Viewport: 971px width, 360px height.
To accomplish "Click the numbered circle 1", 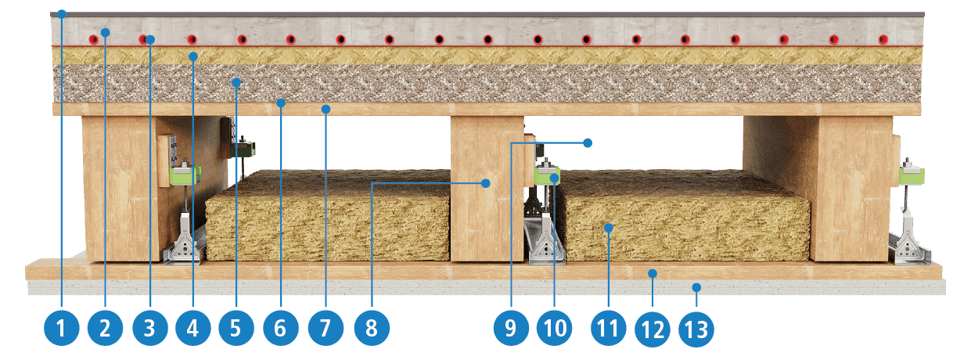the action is point(62,328).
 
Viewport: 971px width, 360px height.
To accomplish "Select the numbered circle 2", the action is point(106,328).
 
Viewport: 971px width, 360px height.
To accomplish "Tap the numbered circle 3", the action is point(150,328).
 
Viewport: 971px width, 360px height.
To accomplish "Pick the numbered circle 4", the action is point(193,328).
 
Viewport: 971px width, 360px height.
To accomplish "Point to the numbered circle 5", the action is point(236,328).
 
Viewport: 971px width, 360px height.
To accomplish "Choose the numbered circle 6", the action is point(281,328).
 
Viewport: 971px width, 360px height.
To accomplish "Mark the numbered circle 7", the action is point(326,328).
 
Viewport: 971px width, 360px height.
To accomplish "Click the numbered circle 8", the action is point(372,328).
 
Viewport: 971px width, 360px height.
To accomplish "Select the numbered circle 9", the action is point(511,328).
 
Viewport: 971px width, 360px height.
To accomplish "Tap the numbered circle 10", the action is point(555,328).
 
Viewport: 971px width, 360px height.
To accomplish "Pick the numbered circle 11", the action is point(609,328).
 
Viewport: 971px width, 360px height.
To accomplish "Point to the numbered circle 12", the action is point(653,329).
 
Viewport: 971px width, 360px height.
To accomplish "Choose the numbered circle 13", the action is point(696,329).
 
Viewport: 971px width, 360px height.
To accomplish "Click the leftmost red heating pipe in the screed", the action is point(94,39).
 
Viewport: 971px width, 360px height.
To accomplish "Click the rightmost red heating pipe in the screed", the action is point(883,39).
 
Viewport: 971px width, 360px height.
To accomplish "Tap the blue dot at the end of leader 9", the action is point(588,142).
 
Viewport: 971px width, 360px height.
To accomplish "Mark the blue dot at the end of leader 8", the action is point(486,183).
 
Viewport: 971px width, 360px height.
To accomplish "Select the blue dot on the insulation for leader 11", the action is point(609,228).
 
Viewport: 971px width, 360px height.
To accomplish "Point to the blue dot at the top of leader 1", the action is point(62,14).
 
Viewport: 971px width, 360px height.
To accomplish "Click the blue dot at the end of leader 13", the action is point(696,287).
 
